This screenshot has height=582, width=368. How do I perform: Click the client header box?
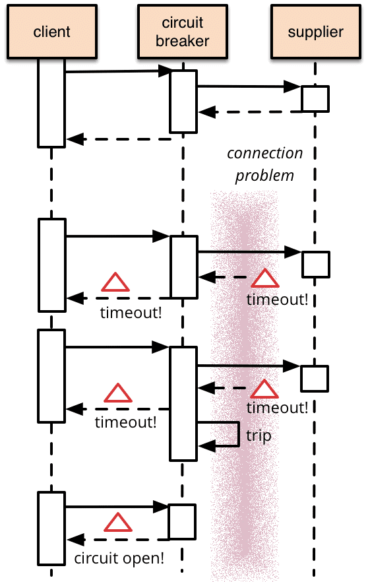click(x=51, y=31)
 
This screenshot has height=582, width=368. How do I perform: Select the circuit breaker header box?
click(x=183, y=31)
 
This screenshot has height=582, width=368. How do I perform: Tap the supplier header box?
click(x=315, y=31)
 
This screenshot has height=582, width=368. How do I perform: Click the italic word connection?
click(x=264, y=154)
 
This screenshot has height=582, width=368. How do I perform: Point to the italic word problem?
click(x=264, y=176)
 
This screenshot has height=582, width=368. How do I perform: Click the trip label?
click(x=259, y=436)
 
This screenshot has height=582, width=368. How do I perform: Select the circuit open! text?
click(x=119, y=558)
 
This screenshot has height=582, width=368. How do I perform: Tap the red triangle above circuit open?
click(x=119, y=523)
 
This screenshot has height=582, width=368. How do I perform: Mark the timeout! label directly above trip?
click(x=277, y=408)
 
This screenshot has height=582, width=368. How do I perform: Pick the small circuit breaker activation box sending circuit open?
click(x=181, y=522)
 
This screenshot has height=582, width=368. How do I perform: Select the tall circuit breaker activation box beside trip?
click(x=183, y=403)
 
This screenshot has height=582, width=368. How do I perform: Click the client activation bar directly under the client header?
click(x=51, y=102)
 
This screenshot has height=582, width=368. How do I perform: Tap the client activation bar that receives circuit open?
click(x=51, y=528)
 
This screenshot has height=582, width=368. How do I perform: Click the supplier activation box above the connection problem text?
click(x=315, y=98)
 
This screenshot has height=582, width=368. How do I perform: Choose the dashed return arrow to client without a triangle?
click(x=119, y=139)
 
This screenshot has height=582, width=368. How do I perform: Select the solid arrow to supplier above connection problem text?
click(x=248, y=86)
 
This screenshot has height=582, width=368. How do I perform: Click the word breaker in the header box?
click(x=183, y=40)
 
